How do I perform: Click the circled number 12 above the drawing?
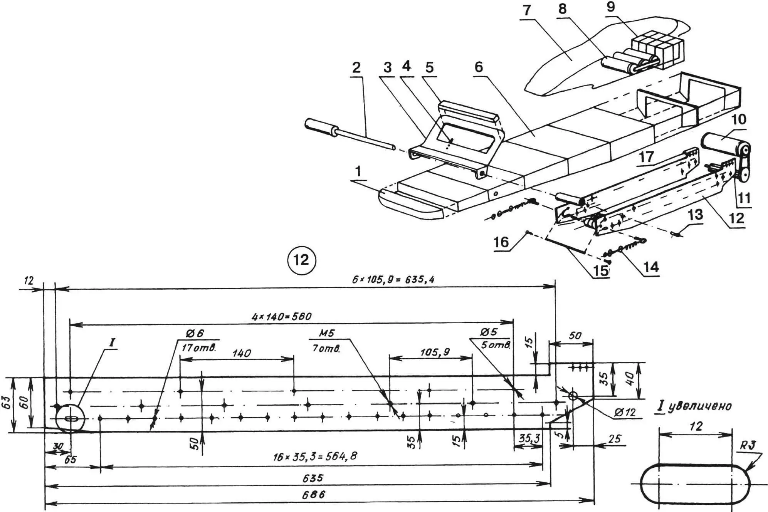pos(301,260)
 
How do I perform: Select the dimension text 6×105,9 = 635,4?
pos(393,279)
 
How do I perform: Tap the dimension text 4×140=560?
pos(281,317)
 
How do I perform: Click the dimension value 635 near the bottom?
pos(313,478)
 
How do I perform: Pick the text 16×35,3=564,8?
pos(315,457)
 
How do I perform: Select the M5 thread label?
pos(326,333)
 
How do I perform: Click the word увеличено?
pos(699,406)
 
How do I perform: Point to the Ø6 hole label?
pos(194,333)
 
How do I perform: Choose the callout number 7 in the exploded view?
pos(527,10)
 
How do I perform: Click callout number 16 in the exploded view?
pos(501,242)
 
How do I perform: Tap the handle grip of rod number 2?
pos(321,128)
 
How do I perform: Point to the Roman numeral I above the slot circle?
pos(112,342)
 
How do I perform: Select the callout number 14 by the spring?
pos(651,267)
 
